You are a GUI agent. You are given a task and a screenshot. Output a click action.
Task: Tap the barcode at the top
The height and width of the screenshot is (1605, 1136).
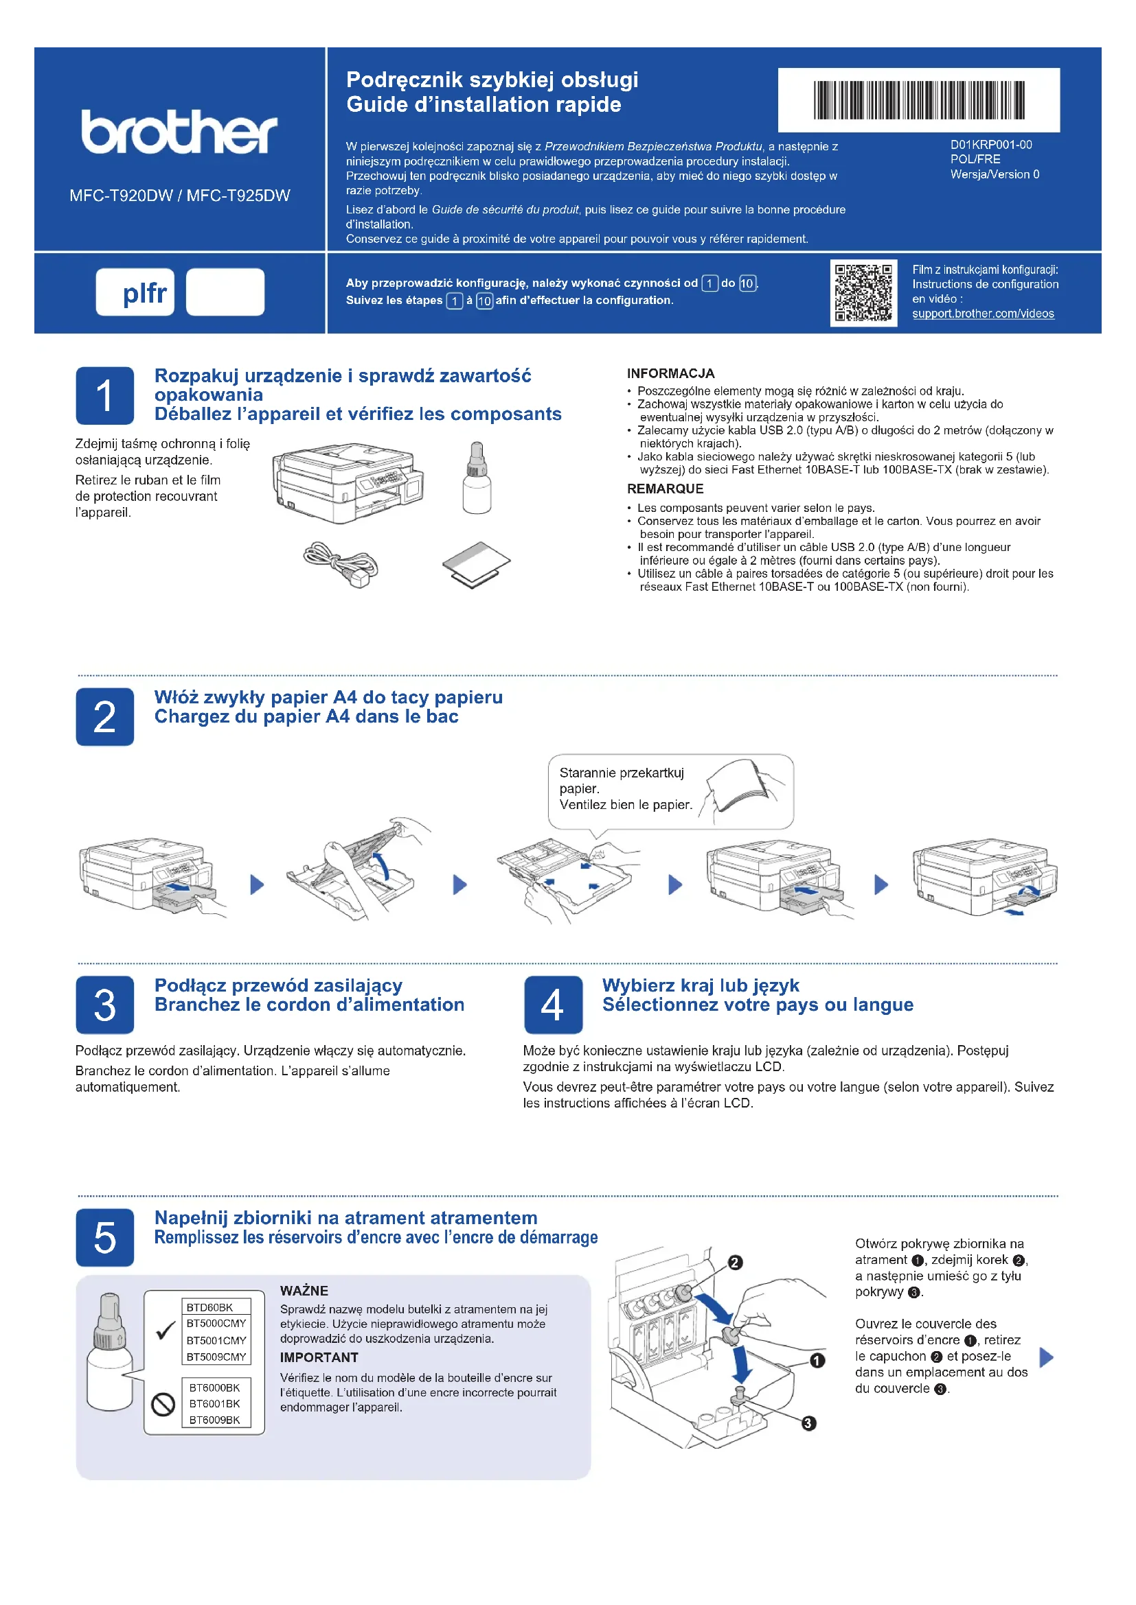918,100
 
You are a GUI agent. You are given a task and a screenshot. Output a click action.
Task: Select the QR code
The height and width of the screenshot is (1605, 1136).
863,292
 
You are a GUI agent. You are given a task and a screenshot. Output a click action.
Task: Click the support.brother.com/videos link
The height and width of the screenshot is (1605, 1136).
983,314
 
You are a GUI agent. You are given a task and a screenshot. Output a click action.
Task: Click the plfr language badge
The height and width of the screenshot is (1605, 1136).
135,292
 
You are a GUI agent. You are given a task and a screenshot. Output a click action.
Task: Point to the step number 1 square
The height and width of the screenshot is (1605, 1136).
105,396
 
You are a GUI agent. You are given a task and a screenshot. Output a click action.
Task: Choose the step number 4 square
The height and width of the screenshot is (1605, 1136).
553,1005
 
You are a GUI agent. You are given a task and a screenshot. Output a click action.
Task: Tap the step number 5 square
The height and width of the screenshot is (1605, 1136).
105,1237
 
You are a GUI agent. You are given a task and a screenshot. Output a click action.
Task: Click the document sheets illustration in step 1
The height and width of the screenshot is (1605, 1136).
476,563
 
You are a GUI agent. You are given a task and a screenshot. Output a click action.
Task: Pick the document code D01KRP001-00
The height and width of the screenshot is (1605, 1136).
990,145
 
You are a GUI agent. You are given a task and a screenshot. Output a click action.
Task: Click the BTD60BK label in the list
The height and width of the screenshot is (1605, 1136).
210,1307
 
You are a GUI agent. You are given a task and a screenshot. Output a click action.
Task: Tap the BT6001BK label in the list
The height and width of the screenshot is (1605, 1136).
214,1404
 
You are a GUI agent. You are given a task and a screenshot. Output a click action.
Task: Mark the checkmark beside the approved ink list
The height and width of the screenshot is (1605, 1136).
165,1331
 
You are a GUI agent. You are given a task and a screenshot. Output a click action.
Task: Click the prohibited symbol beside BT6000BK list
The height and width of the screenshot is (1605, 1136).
163,1404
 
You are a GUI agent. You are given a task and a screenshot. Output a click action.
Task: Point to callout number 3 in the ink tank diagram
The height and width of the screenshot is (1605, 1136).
808,1423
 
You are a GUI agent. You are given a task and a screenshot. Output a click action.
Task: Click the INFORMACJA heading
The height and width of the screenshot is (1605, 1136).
670,373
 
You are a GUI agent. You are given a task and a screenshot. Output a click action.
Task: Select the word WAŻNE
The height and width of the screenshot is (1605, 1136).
304,1291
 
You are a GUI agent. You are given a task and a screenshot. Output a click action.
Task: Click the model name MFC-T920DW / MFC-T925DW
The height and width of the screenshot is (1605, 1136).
180,196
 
